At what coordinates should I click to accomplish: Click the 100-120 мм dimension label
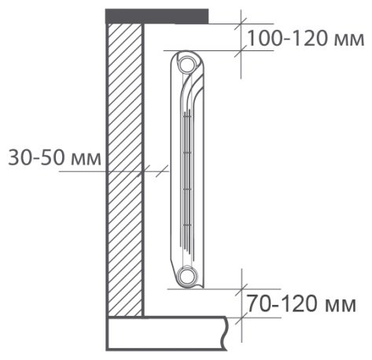[x=306, y=39]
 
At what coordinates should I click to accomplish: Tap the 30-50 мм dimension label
[x=54, y=157]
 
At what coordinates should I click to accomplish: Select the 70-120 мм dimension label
[x=301, y=303]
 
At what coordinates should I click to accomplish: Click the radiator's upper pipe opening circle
[x=187, y=64]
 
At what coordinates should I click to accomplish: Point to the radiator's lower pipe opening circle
[x=186, y=276]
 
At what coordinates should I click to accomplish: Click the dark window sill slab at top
[x=157, y=17]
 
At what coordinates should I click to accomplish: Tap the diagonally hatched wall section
[x=125, y=170]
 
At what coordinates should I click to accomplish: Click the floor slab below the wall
[x=167, y=333]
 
